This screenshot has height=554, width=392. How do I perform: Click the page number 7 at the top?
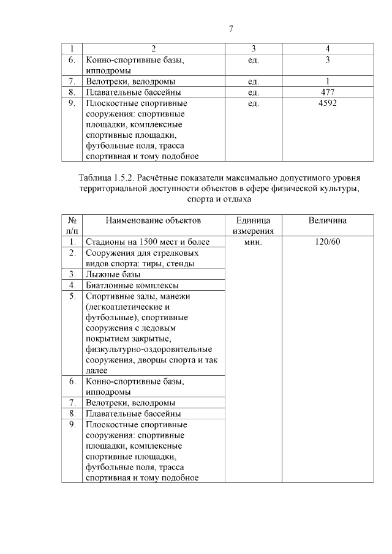click(x=230, y=28)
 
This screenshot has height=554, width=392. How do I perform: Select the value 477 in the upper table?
click(x=328, y=92)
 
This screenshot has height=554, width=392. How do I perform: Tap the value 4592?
click(x=328, y=103)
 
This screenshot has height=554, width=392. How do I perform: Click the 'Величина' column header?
click(x=328, y=220)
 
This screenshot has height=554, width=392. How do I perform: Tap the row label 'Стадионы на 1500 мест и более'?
click(x=148, y=242)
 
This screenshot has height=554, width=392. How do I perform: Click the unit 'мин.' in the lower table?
click(x=254, y=242)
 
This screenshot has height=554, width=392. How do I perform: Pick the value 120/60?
click(x=328, y=242)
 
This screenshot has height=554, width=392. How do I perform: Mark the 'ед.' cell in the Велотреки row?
click(x=254, y=81)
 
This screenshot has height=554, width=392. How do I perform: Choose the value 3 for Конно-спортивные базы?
click(x=328, y=60)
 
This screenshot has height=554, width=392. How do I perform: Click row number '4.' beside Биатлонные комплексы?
click(x=72, y=285)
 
